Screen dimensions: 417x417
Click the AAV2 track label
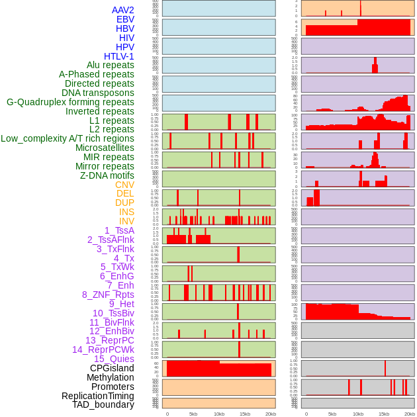122,10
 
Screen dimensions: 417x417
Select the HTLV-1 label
118,56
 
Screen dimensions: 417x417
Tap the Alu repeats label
110,66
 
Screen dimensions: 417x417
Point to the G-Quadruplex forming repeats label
70,103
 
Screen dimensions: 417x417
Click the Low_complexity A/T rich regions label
68,138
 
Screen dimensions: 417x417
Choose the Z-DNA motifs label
107,175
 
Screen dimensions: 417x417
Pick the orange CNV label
124,185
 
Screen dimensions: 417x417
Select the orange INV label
126,221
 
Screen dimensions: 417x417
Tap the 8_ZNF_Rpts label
108,295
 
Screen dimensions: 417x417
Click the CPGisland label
112,368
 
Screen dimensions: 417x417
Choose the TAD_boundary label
103,404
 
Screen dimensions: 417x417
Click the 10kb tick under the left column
218,414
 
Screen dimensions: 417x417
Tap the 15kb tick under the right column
383,414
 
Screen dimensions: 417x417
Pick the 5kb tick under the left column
193,414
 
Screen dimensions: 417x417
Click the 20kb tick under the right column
410,414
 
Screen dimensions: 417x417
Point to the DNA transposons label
98,93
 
